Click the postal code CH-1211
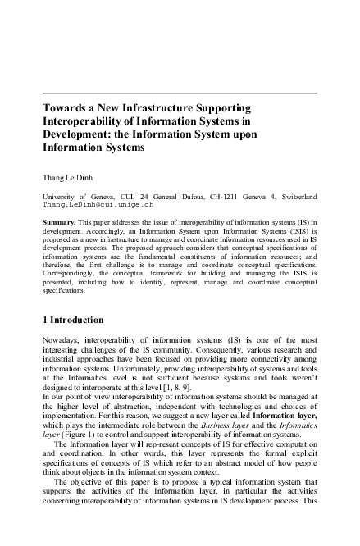click(x=241, y=197)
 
